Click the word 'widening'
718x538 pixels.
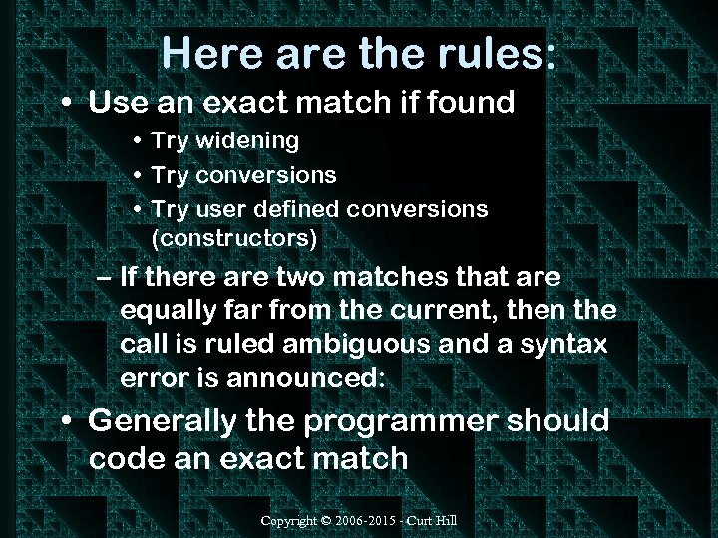click(246, 141)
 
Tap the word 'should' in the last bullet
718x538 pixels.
click(558, 421)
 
